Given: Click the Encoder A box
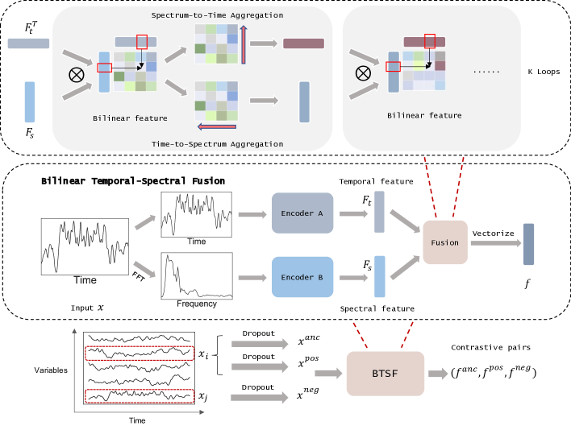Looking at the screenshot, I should (302, 213).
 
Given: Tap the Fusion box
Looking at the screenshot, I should (444, 242).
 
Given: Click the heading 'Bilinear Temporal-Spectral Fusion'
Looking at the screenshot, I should (133, 181).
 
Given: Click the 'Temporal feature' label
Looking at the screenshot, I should (375, 182).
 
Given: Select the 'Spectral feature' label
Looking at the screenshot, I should (377, 308).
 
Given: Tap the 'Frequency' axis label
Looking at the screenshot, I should (197, 304).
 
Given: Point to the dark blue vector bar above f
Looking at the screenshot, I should (528, 244).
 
